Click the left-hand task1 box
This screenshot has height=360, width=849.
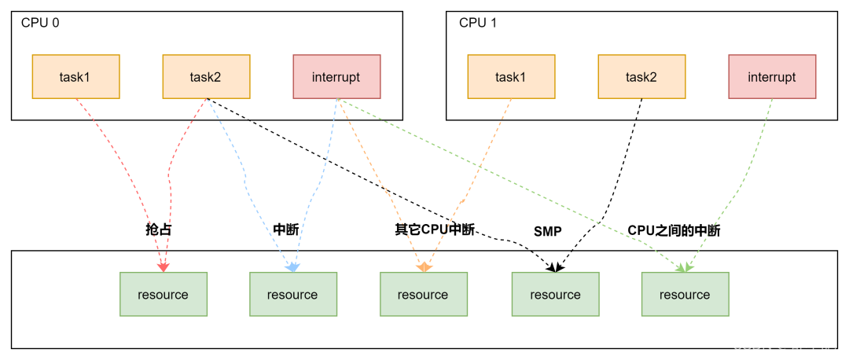click(x=75, y=76)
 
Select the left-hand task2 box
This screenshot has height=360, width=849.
click(x=206, y=76)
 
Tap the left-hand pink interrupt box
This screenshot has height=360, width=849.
click(x=336, y=76)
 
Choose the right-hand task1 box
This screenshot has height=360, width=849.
click(x=511, y=76)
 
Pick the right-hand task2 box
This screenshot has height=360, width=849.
click(x=641, y=76)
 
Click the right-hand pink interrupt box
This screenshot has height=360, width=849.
click(x=772, y=76)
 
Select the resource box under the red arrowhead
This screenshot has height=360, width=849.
click(x=164, y=294)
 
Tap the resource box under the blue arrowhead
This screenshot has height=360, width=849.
click(x=293, y=294)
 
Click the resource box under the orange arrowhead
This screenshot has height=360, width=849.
click(x=424, y=294)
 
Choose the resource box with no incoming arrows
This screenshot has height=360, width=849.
click(x=555, y=294)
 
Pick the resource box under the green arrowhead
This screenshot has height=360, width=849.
click(x=685, y=294)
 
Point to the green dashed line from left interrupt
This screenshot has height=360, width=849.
click(x=511, y=181)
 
